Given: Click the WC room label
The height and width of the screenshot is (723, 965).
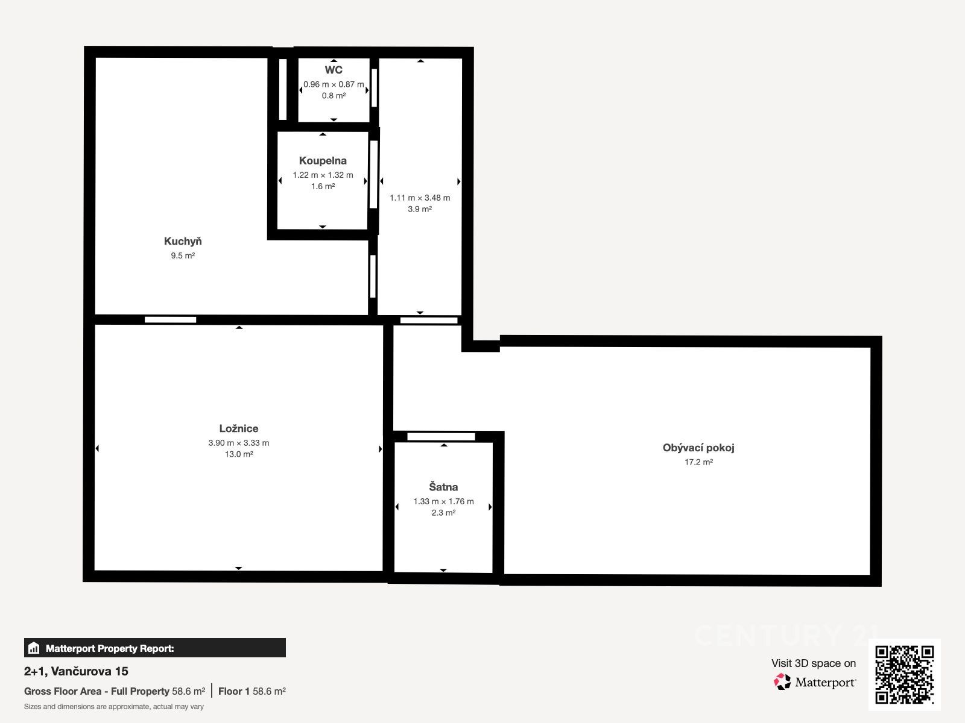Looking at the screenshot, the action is [334, 70].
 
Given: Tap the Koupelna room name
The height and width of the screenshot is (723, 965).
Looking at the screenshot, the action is [323, 161].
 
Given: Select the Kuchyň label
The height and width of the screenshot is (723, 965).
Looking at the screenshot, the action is [183, 241].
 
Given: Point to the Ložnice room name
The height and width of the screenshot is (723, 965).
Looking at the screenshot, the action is [239, 428].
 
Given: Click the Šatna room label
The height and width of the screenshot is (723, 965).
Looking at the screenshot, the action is [443, 486].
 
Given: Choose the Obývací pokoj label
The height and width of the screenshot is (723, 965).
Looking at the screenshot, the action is [698, 448].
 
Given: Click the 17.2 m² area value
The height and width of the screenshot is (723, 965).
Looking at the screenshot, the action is [698, 462].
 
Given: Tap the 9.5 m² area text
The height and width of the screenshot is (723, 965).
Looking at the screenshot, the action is [183, 255].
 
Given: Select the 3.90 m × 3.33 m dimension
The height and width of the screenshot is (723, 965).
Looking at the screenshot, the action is [239, 443].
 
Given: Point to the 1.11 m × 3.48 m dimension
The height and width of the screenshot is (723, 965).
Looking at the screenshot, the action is [420, 198].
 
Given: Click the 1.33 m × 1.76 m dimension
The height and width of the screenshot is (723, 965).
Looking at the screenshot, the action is [443, 501].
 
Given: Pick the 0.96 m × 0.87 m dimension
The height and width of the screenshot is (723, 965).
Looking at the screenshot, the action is [334, 84].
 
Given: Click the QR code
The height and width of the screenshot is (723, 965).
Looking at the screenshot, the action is [904, 675].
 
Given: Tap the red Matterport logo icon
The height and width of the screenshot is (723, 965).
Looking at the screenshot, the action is [782, 682].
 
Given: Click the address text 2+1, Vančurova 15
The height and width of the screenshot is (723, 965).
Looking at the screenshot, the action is [76, 671].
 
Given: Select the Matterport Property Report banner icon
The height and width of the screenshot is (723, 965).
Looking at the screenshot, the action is [33, 648].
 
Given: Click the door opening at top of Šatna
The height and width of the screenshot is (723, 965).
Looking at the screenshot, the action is [441, 437].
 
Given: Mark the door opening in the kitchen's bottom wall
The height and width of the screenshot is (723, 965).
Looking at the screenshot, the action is [171, 320].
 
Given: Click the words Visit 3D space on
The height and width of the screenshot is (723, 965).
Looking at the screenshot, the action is [814, 663].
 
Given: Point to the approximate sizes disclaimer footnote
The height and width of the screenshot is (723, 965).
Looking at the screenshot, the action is [114, 707].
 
